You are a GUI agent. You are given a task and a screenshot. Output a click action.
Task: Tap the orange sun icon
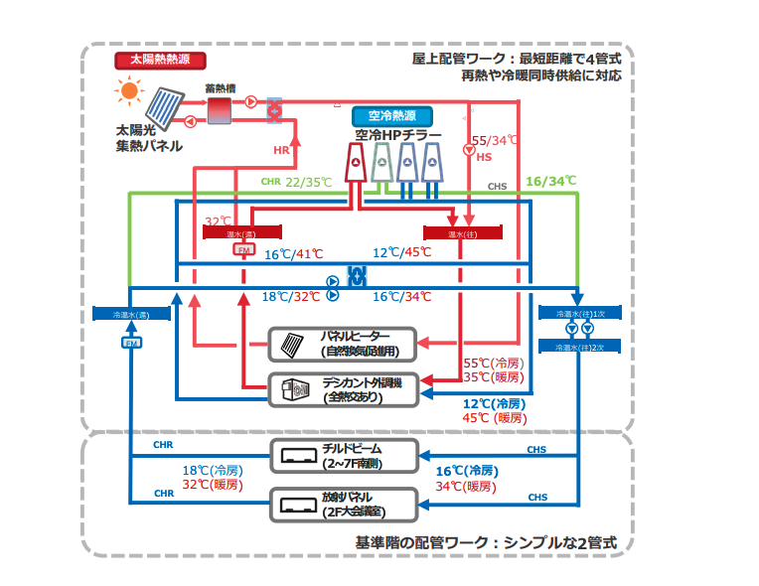(x=128, y=93)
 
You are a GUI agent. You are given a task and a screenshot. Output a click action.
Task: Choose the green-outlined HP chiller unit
(x=382, y=164)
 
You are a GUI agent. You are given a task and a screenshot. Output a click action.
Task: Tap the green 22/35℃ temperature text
(x=308, y=182)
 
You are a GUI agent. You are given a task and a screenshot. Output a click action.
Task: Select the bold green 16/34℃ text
(x=550, y=181)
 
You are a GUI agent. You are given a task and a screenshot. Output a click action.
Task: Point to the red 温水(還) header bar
(x=239, y=233)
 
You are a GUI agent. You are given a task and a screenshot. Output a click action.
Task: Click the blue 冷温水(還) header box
(x=131, y=314)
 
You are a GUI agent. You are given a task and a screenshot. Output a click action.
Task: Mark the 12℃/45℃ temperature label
(x=401, y=252)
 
